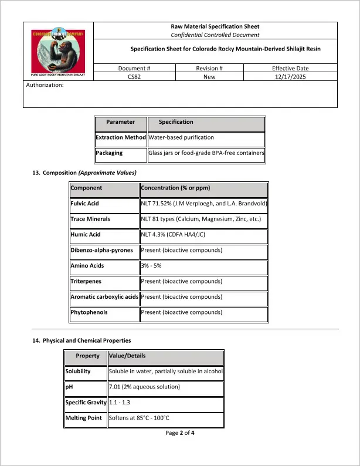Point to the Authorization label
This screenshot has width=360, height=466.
pos(45,85)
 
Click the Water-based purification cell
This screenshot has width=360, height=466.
pos(181,137)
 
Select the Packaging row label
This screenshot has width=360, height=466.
pos(110,153)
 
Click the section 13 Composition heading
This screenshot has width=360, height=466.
pos(84,173)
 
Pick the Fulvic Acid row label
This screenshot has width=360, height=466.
pos(85,204)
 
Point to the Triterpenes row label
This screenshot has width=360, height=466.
pos(86,282)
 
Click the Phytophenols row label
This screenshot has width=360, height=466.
pos(89,313)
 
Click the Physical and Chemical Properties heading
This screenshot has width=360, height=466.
pos(81,340)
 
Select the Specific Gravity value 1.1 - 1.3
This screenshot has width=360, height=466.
pos(121,403)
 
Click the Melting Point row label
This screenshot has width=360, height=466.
pos(86,418)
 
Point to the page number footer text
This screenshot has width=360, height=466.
pos(180,433)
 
